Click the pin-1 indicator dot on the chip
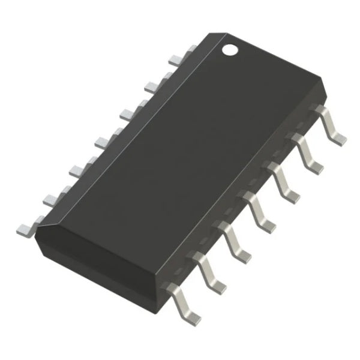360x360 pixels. [x=231, y=50]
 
